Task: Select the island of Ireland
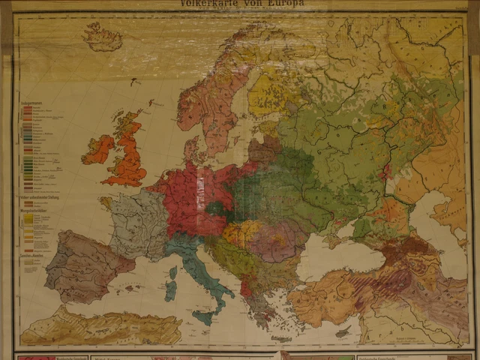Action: click(x=99, y=149)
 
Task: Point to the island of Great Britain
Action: click(x=130, y=154)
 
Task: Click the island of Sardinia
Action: click(x=171, y=287)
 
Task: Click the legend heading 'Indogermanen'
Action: click(x=33, y=102)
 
